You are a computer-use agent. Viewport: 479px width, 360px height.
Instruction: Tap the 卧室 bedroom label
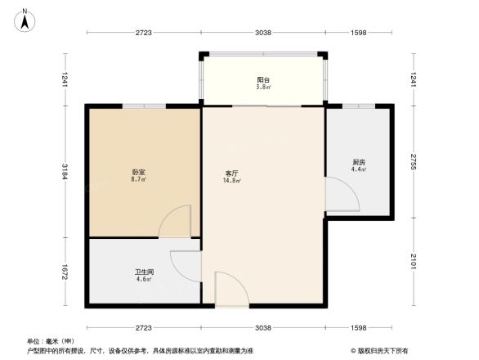(x=139, y=172)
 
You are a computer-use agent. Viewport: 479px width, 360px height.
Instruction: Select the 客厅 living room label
(x=232, y=173)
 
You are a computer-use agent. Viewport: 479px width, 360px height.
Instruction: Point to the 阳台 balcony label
(x=263, y=79)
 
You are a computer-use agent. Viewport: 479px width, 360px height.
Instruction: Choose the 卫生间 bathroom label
(x=145, y=272)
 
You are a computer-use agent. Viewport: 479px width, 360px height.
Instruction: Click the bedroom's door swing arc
(x=175, y=221)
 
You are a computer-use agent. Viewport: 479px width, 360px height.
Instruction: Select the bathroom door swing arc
(x=186, y=264)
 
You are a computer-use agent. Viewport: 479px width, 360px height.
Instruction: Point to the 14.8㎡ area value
(x=232, y=181)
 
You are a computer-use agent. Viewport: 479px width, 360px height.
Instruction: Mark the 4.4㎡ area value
(x=359, y=169)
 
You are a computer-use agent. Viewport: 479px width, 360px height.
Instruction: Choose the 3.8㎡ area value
(x=263, y=87)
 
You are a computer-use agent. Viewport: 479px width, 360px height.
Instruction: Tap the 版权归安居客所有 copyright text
(x=382, y=350)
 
